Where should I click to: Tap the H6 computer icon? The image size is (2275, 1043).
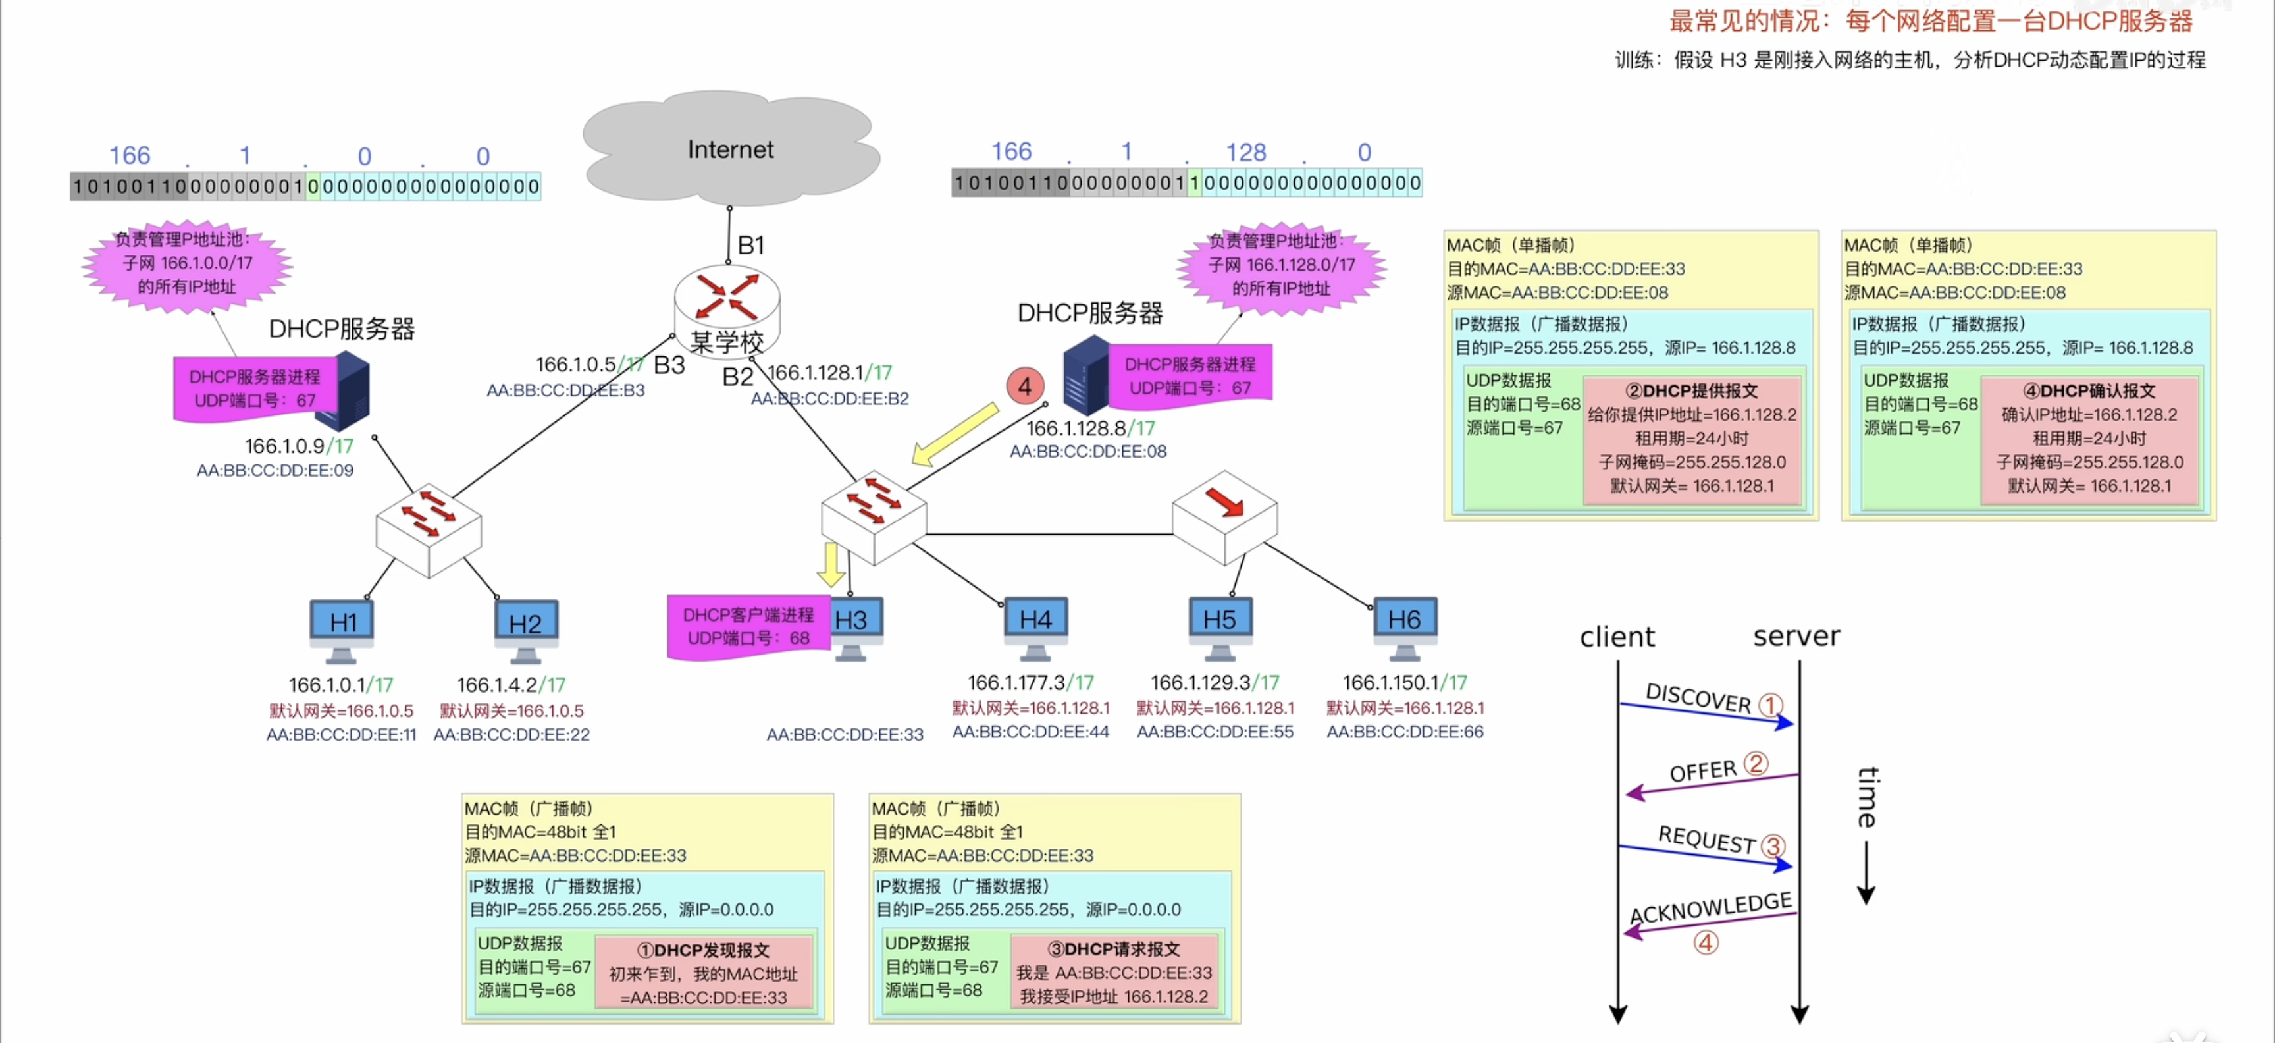coord(1404,626)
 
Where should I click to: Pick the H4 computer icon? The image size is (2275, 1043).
coord(1035,626)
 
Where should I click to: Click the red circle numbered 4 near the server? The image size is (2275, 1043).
coord(1024,386)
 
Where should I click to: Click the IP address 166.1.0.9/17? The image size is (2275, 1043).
coord(298,446)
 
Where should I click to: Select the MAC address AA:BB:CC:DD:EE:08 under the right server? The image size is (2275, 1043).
coord(1088,451)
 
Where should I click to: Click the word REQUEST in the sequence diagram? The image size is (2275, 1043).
coord(1706,839)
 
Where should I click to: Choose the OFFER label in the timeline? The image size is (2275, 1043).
coord(1703,771)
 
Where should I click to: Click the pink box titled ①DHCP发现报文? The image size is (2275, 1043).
coord(703,973)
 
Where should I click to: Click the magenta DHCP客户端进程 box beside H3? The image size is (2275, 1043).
coord(748,626)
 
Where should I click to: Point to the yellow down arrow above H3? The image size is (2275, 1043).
coord(830,564)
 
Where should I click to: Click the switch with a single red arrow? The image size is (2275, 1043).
coord(1224,518)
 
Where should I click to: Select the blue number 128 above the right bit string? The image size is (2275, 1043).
coord(1245,152)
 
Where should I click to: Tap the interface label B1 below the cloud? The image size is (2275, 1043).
coord(750,245)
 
